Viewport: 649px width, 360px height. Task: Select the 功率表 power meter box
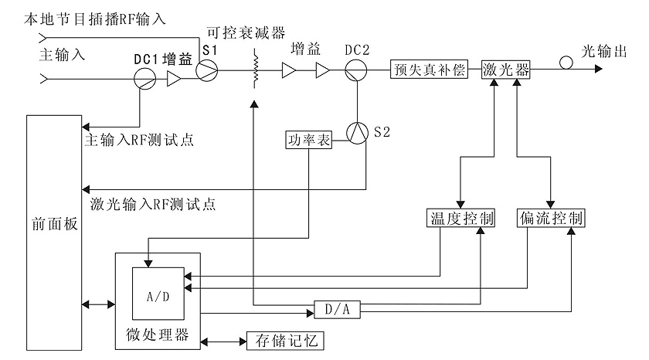click(x=308, y=141)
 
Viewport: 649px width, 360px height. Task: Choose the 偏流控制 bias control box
click(x=551, y=217)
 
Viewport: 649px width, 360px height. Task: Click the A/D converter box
click(x=158, y=294)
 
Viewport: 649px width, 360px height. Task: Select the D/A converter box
click(x=338, y=309)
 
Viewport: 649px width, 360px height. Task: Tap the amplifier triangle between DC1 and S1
click(x=175, y=78)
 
